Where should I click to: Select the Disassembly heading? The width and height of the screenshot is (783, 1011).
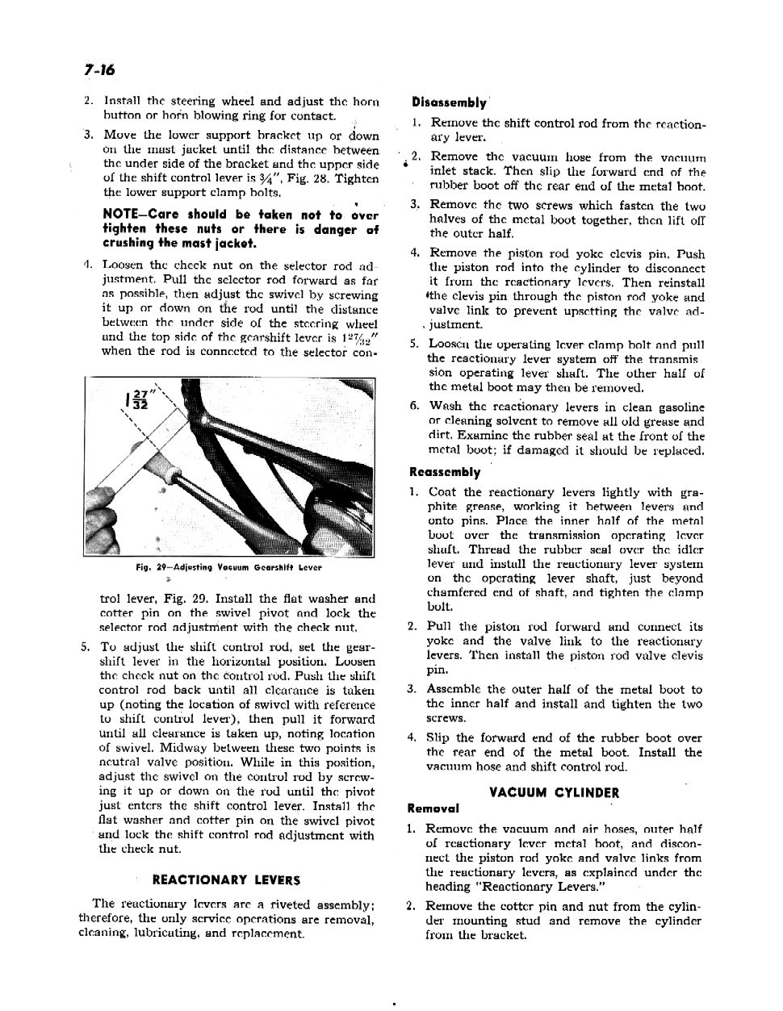tap(449, 102)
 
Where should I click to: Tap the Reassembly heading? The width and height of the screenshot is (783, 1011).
tap(445, 472)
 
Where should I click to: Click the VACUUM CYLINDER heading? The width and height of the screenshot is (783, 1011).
tap(554, 792)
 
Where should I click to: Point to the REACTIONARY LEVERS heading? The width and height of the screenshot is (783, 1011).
tap(226, 879)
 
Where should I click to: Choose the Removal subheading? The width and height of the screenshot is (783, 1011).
tap(433, 808)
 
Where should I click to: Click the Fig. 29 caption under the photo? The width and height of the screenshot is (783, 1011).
tap(228, 567)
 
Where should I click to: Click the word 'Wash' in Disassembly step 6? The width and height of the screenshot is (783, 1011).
tap(445, 407)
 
